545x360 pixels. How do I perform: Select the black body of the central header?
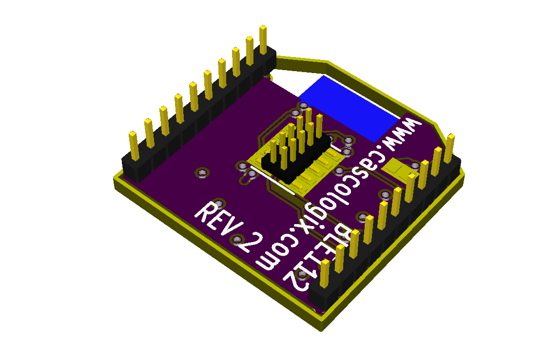[x=288, y=166]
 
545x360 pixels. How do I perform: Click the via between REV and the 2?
[x=238, y=239]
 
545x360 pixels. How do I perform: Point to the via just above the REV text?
[x=219, y=202]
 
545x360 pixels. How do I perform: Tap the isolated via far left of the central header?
[x=201, y=172]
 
